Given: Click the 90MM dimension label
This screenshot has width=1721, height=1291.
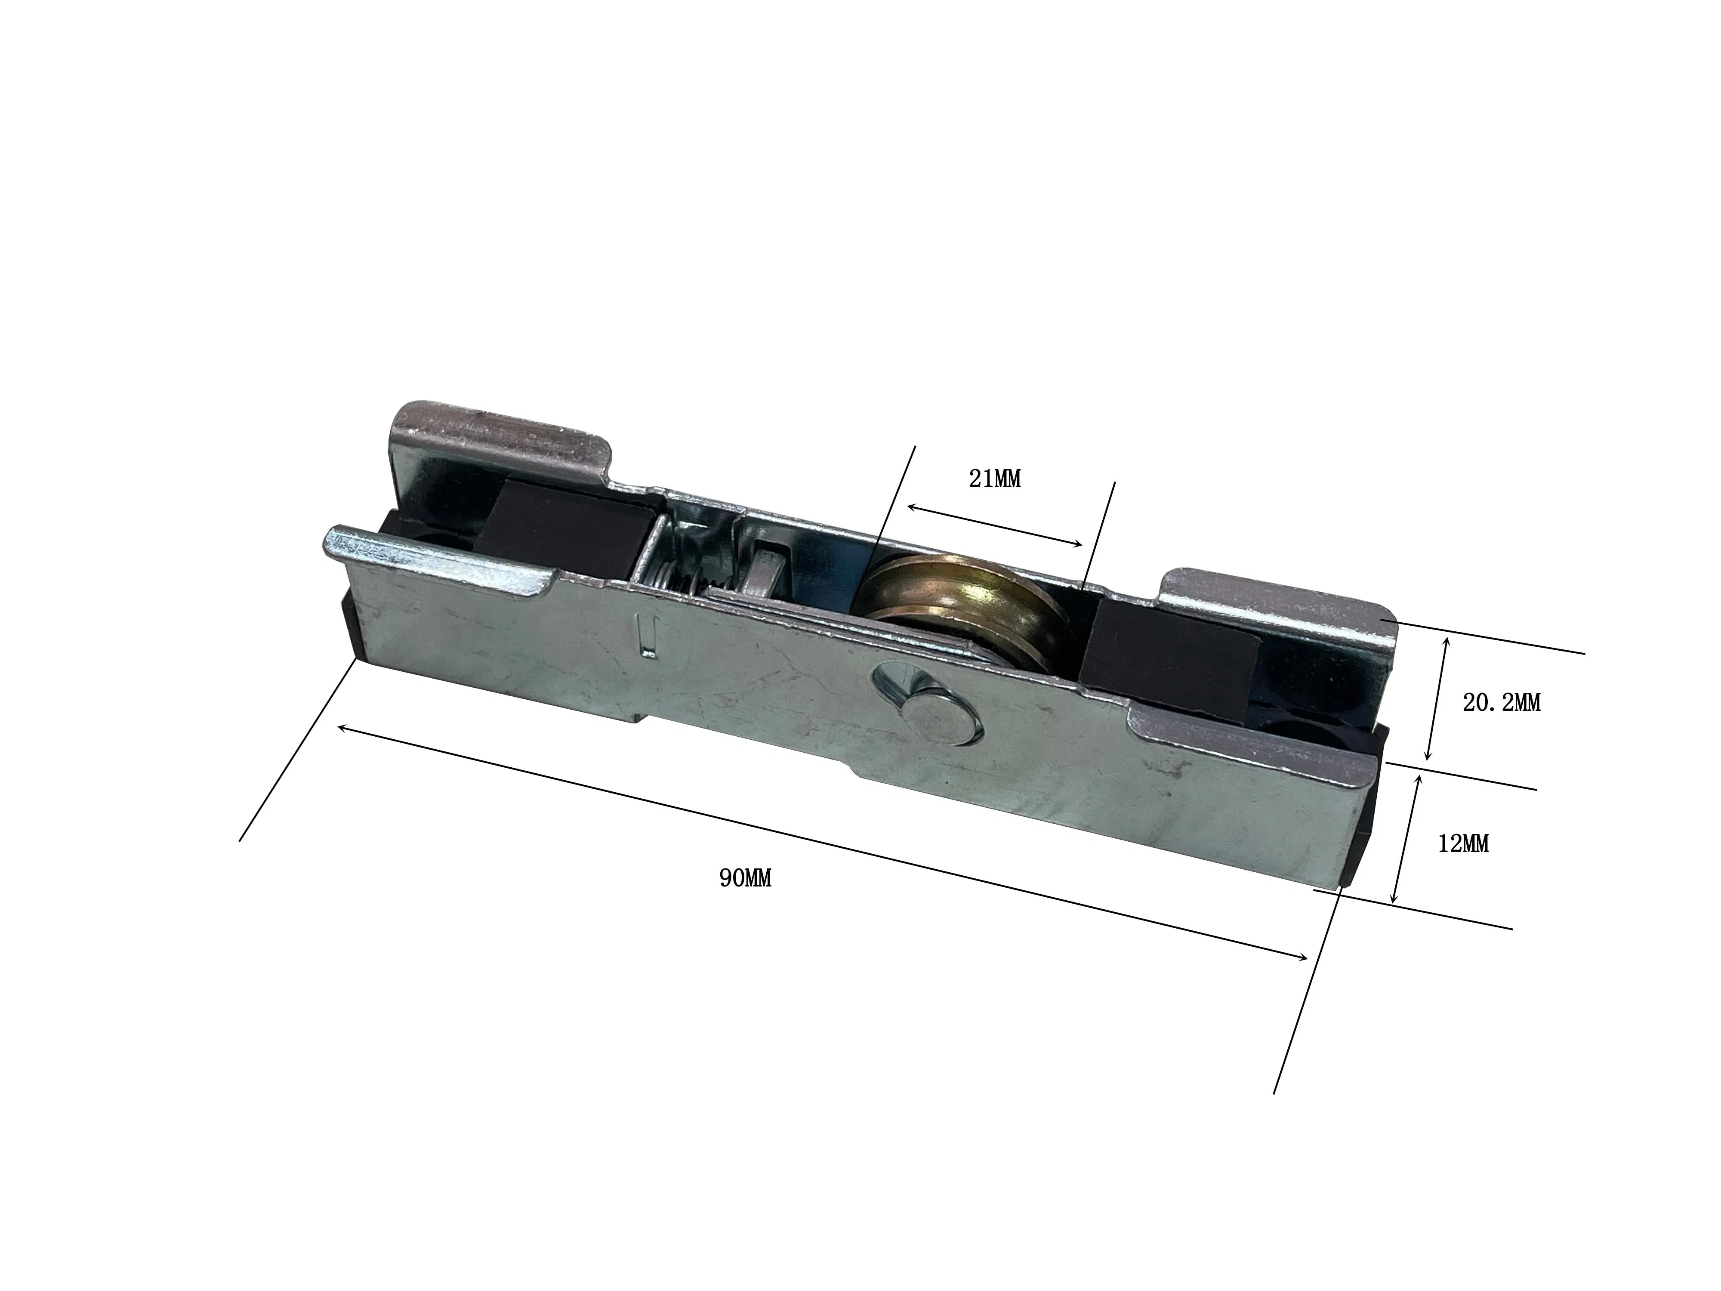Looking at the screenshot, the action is (x=745, y=879).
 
